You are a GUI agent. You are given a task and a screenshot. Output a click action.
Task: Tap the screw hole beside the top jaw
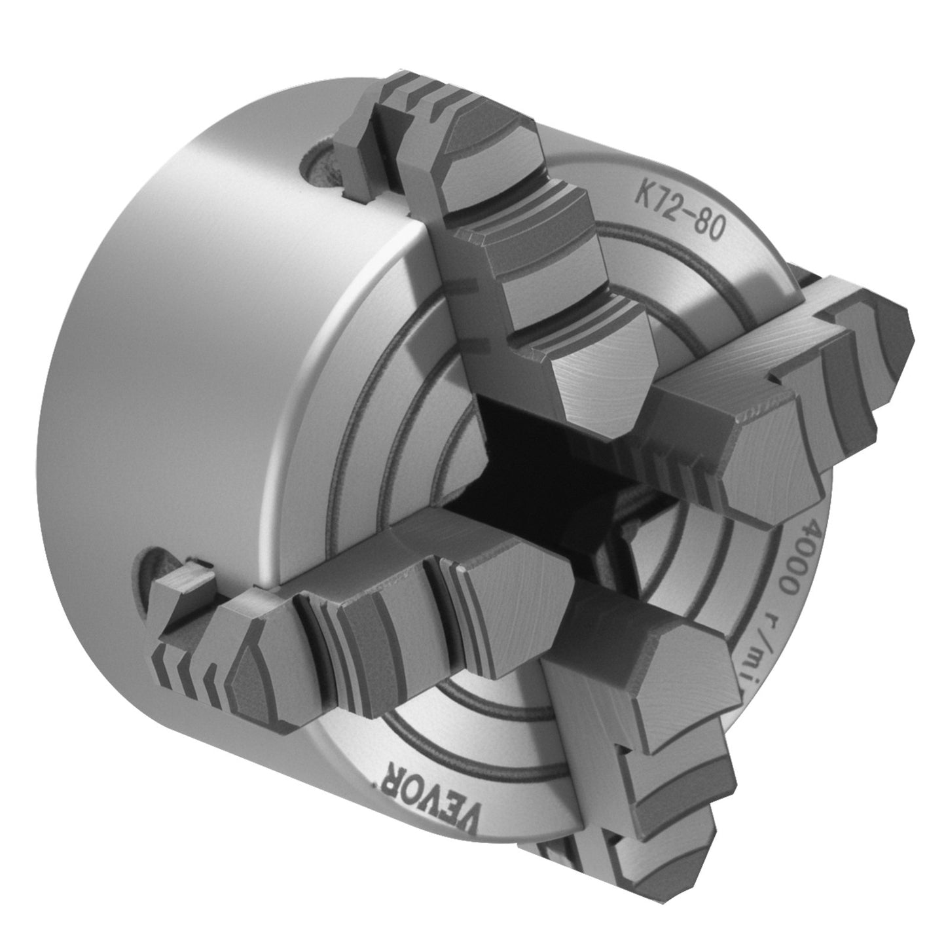click(321, 168)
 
